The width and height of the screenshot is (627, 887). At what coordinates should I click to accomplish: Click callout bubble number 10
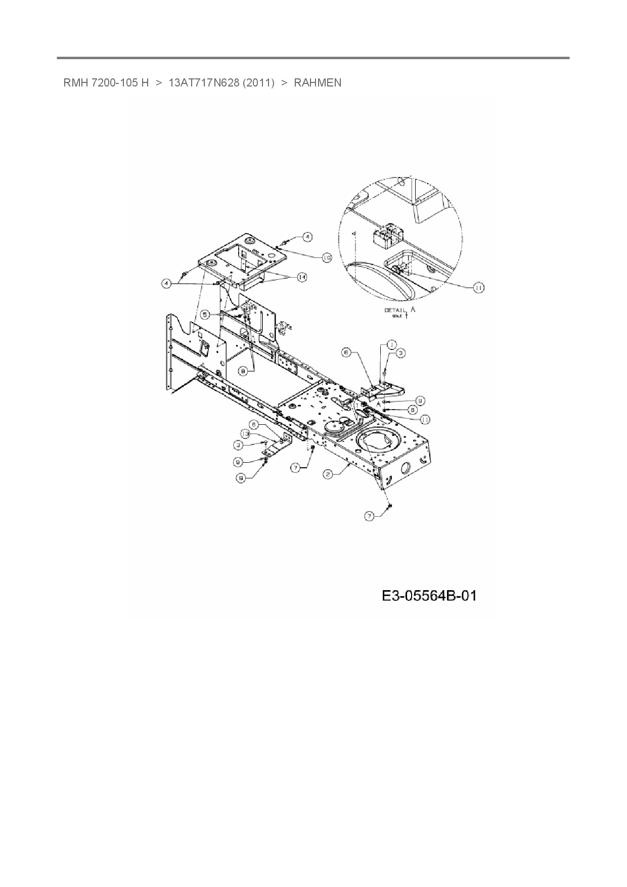(327, 257)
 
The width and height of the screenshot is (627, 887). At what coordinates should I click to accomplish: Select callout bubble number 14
(302, 277)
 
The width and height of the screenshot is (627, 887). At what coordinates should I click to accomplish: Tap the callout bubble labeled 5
(205, 314)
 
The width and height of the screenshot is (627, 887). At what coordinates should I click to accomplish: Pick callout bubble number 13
(245, 434)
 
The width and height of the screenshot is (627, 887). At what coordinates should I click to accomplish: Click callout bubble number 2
(328, 474)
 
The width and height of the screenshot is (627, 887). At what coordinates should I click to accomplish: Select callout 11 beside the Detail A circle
(478, 287)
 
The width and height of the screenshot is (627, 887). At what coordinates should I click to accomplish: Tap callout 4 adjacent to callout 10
(308, 236)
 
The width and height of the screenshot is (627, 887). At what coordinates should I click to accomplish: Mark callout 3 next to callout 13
(238, 445)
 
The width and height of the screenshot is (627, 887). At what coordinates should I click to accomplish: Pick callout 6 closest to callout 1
(346, 353)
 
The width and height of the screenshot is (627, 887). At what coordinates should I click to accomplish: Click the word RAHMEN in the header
(318, 82)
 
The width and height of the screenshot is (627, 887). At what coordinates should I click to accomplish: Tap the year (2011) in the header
(258, 82)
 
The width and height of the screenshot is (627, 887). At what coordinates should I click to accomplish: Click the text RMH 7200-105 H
(106, 82)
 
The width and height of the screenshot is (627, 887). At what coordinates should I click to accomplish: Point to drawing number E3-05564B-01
(429, 596)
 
